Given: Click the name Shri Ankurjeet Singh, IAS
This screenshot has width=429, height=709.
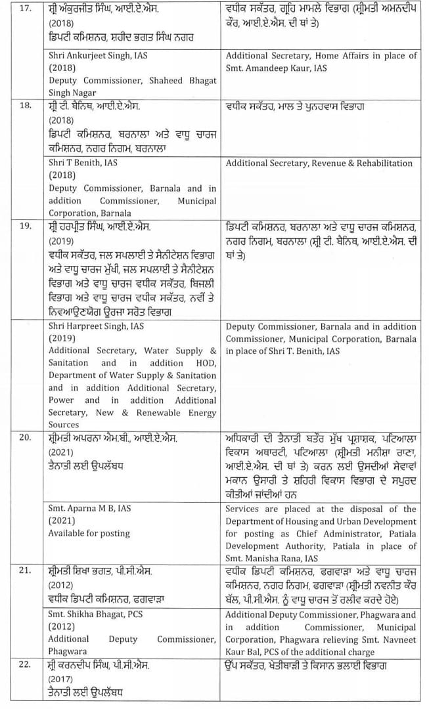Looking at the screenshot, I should pyautogui.click(x=98, y=56).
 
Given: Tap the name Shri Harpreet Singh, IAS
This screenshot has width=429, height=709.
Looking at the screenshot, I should pyautogui.click(x=96, y=326).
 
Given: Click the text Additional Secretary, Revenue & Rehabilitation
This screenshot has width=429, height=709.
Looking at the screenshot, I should pyautogui.click(x=319, y=163).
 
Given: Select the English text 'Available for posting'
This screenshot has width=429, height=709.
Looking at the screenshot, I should pyautogui.click(x=89, y=533).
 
